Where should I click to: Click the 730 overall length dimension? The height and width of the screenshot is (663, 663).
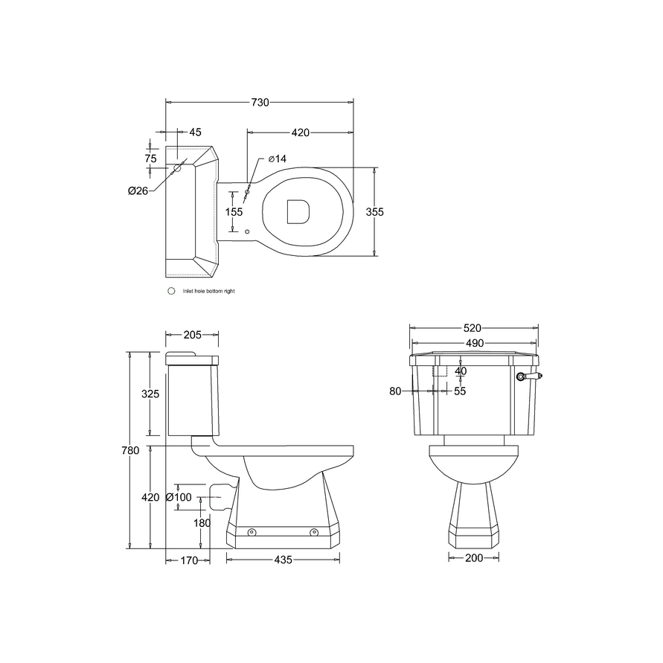point(259,103)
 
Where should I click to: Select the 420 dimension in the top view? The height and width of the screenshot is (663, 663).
point(300,132)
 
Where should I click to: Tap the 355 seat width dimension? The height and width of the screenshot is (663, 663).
point(374,212)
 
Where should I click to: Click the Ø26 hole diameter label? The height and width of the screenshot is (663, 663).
point(138,191)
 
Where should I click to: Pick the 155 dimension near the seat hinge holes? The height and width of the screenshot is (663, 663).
point(234,212)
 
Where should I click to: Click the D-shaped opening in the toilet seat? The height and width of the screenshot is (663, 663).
point(298,211)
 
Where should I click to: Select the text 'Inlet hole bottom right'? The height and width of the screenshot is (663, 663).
point(208,292)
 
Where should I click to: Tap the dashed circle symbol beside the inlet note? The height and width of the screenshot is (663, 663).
point(172,292)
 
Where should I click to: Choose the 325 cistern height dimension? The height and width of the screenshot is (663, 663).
point(151,394)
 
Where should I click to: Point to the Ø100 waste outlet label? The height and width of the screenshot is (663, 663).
point(179,497)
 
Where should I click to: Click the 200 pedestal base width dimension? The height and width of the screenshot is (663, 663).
point(474,558)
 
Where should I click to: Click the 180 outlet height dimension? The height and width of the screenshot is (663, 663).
point(202,523)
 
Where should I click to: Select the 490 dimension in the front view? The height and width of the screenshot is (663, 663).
point(473,343)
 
